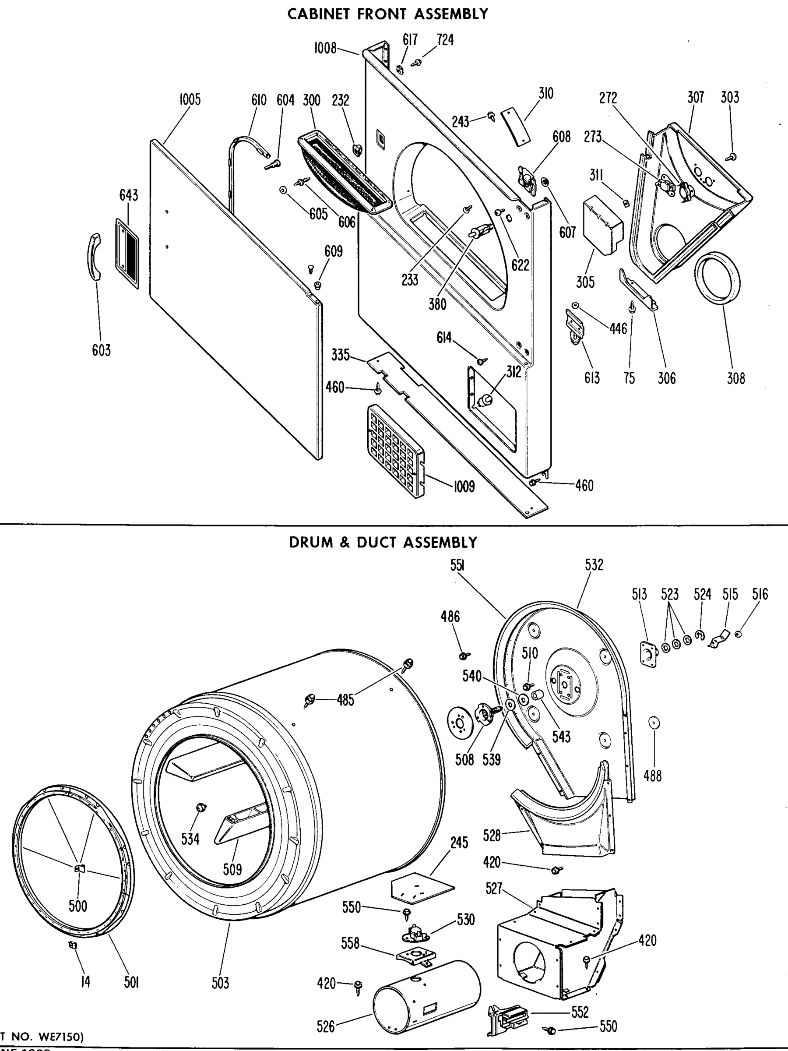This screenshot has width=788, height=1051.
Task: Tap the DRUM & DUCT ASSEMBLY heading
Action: point(383,543)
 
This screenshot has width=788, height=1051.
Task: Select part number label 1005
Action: point(190,100)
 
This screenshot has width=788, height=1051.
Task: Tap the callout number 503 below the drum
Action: point(220,983)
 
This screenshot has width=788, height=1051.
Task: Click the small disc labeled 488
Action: point(654,723)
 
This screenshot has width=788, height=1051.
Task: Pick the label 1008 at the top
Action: point(325,48)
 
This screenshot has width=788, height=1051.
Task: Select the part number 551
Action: point(457,565)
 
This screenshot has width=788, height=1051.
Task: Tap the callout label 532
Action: point(594,565)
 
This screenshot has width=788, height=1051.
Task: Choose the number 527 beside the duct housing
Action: point(494,889)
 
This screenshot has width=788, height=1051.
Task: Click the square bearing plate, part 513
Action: point(649,655)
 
